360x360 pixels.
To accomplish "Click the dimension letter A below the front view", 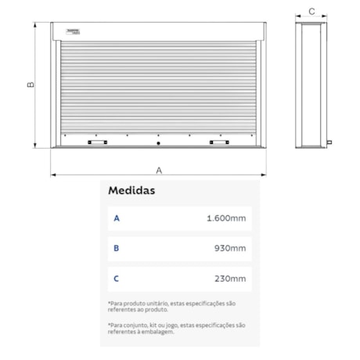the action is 159,168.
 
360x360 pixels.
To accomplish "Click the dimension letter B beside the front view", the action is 31,84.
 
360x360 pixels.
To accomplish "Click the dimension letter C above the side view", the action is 311,11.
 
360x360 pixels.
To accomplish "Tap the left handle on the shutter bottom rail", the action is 99,143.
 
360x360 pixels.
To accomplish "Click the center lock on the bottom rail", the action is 158,144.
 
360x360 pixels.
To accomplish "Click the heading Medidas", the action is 131,190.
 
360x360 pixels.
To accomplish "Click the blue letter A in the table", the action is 117,218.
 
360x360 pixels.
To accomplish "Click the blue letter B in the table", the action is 117,249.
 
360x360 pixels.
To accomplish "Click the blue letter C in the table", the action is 117,279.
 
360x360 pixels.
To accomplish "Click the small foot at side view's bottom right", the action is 329,142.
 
